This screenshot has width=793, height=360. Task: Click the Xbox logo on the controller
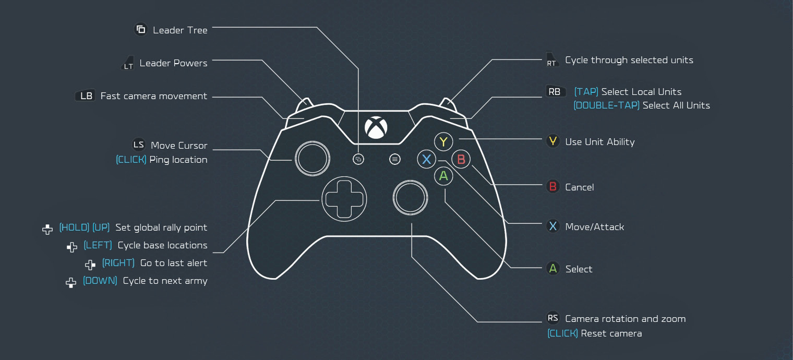376,127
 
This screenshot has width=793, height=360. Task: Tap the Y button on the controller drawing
443,141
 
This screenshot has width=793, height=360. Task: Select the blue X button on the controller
427,159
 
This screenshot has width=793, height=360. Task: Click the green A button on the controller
443,176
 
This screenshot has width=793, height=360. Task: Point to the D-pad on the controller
344,199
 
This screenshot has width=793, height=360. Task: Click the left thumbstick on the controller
312,159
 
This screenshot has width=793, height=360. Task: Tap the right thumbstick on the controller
410,198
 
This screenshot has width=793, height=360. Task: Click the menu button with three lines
395,159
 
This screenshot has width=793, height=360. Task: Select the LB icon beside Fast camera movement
86,95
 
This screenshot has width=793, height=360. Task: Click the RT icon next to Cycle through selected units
551,59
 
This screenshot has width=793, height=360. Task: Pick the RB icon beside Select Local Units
555,92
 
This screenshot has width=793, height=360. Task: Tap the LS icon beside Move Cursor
138,145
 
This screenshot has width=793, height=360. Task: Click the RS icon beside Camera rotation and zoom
552,318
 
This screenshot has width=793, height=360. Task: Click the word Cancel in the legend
579,187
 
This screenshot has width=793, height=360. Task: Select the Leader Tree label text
180,30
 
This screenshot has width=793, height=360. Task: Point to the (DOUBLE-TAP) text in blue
606,105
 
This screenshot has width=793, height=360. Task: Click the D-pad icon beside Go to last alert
90,265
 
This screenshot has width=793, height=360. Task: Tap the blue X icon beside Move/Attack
552,226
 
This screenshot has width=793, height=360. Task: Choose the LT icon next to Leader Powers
128,63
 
